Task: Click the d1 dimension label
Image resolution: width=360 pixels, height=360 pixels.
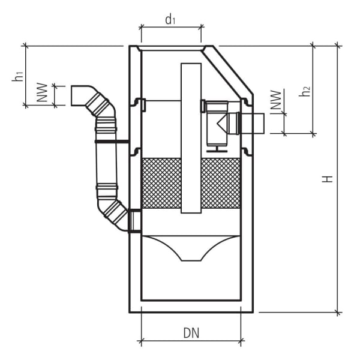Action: click(170, 20)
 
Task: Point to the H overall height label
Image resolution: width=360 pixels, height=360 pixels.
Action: click(327, 179)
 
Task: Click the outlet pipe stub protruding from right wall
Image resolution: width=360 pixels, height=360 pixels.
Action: click(251, 124)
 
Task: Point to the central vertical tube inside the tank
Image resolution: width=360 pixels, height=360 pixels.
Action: click(191, 138)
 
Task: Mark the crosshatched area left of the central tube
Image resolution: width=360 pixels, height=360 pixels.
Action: click(161, 183)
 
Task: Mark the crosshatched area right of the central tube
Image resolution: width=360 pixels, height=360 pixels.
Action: click(220, 183)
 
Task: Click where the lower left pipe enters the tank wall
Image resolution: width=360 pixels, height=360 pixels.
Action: click(134, 221)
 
